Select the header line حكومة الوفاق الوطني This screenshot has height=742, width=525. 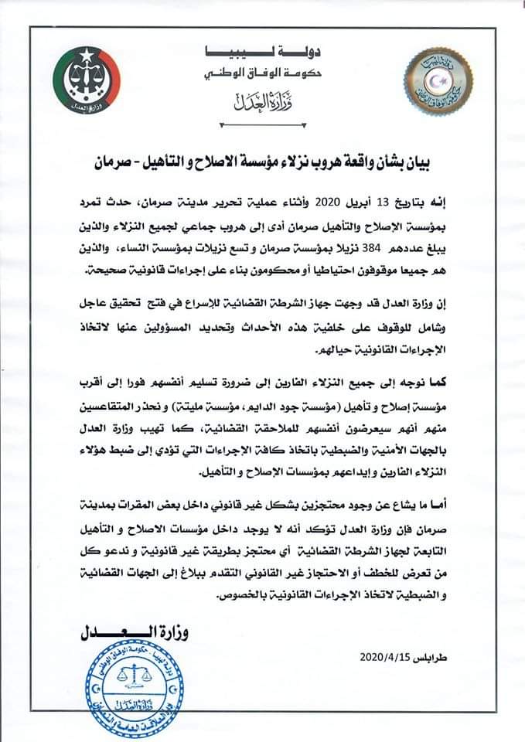tap(257, 76)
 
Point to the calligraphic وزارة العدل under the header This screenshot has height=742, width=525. tap(256, 102)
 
